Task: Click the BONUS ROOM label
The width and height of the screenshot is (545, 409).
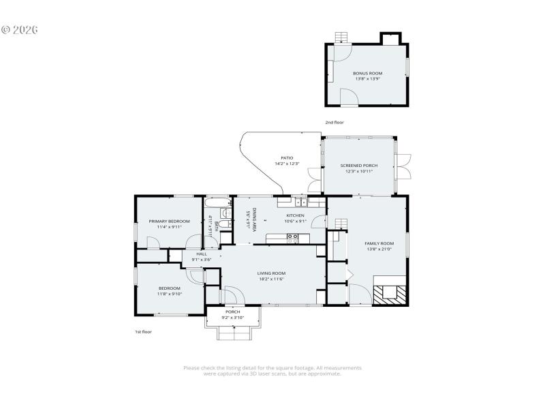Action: (x=367, y=73)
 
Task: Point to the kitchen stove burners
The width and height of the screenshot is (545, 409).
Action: (x=292, y=238)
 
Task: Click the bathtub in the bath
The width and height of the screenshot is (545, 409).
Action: (x=219, y=202)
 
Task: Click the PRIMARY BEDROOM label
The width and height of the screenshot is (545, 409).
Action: (x=169, y=221)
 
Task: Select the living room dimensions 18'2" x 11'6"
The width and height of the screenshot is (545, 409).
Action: (x=270, y=279)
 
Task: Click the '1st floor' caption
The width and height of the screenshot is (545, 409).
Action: (x=143, y=331)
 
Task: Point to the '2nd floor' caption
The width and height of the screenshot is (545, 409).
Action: (x=334, y=122)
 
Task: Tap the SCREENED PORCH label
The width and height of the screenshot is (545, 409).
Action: (x=359, y=166)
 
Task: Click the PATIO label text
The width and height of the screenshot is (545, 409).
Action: (x=287, y=158)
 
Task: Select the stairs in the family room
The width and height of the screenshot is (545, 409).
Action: (x=341, y=226)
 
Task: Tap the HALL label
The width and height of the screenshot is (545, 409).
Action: (x=202, y=254)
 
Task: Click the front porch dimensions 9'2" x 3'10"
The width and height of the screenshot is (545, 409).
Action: (x=233, y=318)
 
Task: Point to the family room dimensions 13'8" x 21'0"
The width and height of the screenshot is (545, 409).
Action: (x=379, y=249)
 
